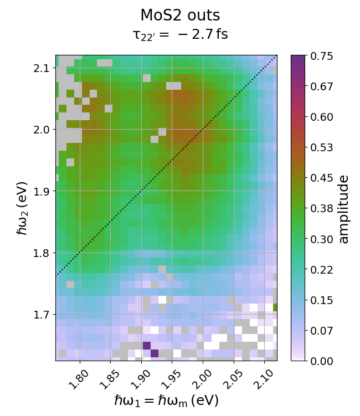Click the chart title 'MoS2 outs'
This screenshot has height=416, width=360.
coord(180,15)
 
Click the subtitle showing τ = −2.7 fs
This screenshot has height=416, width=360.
coord(180,35)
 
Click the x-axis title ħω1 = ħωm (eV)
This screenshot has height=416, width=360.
coord(166,400)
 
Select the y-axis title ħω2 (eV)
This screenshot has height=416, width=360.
coord(22,208)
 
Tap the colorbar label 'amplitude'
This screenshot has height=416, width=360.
coord(344,209)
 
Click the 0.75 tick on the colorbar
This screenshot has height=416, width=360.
coord(321,56)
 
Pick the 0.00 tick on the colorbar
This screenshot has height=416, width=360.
coord(321,361)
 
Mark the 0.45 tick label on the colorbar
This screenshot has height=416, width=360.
coord(321,178)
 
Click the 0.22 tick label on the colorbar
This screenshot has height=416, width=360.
coord(321,270)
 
